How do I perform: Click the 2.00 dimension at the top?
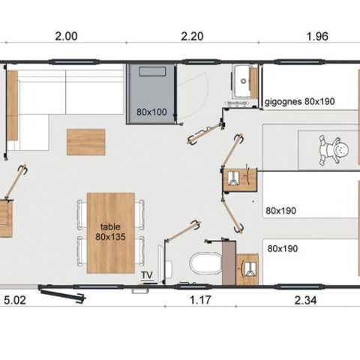(66, 36)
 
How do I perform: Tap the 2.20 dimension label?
(192, 36)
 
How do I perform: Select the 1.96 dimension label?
(317, 36)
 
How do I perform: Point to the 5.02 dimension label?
(15, 300)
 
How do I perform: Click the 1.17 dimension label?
(200, 300)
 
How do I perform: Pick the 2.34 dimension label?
(305, 300)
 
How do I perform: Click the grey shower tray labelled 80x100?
(151, 94)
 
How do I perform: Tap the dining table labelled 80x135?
(111, 233)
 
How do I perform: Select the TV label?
(147, 275)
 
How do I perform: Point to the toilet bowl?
(205, 262)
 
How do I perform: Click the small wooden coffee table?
(85, 142)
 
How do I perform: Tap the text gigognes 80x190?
(299, 101)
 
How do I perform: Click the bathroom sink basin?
(242, 80)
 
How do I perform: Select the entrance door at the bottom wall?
(62, 295)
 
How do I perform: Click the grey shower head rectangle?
(152, 71)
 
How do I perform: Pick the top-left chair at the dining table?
(82, 214)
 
